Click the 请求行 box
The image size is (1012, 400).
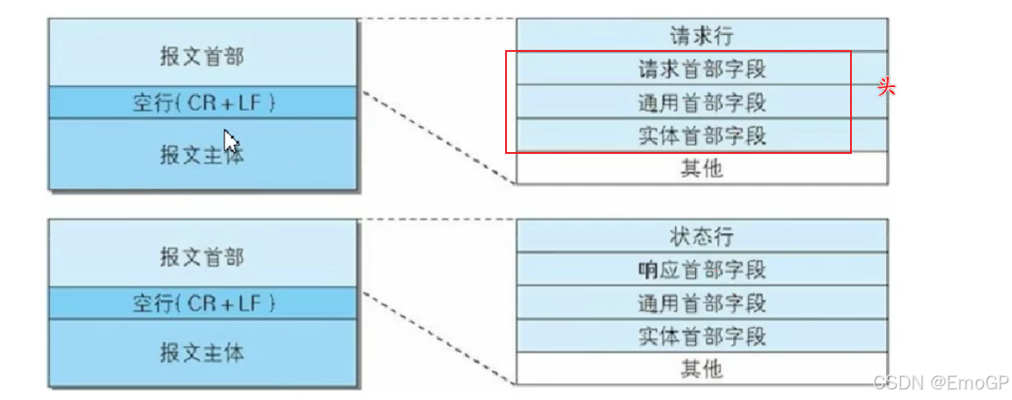point(701,36)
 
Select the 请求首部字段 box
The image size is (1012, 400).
point(701,69)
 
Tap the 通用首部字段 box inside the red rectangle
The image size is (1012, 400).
point(701,102)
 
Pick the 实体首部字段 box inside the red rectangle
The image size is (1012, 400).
point(701,135)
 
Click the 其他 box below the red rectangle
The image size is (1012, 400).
point(701,168)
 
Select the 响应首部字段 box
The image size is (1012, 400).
point(701,269)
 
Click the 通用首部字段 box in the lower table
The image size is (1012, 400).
point(701,303)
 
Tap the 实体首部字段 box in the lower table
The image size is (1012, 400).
point(701,336)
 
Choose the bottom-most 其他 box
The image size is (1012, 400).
point(701,368)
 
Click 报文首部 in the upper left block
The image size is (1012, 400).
point(202,56)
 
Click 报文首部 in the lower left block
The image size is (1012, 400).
point(202,257)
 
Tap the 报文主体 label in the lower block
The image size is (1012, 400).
point(202,353)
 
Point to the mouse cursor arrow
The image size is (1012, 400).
point(230,142)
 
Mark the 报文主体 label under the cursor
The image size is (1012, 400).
point(201,155)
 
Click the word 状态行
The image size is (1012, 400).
point(701,236)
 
